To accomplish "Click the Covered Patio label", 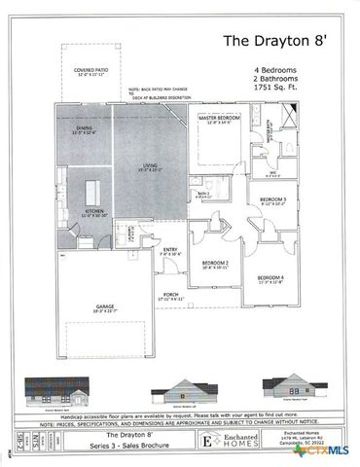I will click(x=93, y=73).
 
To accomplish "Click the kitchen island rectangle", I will click(x=96, y=187).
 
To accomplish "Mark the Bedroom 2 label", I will click(x=215, y=264).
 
